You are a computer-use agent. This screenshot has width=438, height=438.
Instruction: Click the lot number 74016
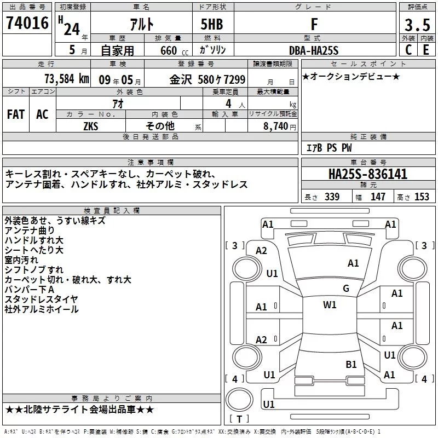point(27,23)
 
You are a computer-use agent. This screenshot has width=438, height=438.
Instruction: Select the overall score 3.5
point(417,25)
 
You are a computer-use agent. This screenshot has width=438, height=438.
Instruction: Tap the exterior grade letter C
point(408,50)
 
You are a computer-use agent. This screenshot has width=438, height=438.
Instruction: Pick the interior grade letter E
point(426,50)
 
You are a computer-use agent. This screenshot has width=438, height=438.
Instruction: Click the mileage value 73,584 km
point(67,79)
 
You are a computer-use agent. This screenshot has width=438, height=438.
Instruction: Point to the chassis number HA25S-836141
point(368,174)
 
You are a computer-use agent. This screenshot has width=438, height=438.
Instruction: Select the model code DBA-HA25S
point(314,50)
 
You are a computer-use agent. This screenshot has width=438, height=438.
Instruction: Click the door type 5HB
point(212,24)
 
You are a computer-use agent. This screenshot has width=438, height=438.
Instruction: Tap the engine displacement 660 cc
point(174,50)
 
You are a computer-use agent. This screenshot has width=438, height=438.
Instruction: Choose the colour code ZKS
point(91,126)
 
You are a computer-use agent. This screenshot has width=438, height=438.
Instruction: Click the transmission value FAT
point(16,114)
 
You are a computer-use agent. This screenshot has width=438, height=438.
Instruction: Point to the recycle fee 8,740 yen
point(280,126)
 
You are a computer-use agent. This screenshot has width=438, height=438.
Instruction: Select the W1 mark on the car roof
point(330,304)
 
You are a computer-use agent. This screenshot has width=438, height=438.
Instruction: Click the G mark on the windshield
point(346,288)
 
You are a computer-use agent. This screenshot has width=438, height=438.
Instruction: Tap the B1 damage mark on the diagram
point(351,364)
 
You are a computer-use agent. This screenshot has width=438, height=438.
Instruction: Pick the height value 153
point(422,197)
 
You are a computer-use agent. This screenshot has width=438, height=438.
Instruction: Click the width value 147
point(378,197)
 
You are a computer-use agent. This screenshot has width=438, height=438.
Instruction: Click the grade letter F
point(314,24)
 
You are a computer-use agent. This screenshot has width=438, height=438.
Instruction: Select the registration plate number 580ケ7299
point(222,79)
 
